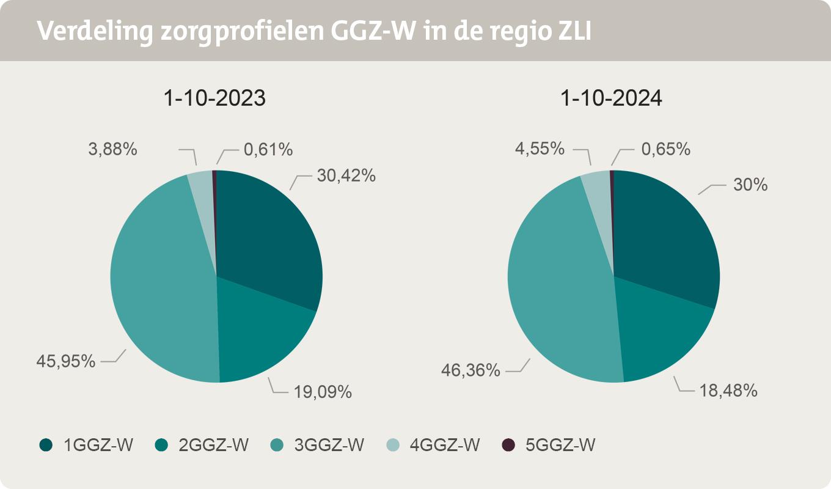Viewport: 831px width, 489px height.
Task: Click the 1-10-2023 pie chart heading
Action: pyautogui.click(x=214, y=98)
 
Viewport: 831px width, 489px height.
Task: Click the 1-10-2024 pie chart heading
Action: pyautogui.click(x=612, y=98)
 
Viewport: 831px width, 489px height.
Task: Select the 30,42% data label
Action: pyautogui.click(x=346, y=175)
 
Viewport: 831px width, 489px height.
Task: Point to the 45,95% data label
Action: pyautogui.click(x=66, y=361)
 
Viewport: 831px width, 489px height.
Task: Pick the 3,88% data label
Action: pyautogui.click(x=112, y=149)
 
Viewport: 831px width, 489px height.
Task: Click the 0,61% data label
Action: pyautogui.click(x=268, y=149)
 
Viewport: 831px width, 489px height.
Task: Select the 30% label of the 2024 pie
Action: pyautogui.click(x=750, y=184)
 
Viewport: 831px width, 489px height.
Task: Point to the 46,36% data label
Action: pyautogui.click(x=471, y=370)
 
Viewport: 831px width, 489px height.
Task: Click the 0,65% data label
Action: pyautogui.click(x=665, y=149)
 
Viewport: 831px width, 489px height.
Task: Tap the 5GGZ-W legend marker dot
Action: pyautogui.click(x=507, y=445)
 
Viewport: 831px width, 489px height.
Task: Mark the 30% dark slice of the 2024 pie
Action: pyautogui.click(x=666, y=238)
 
